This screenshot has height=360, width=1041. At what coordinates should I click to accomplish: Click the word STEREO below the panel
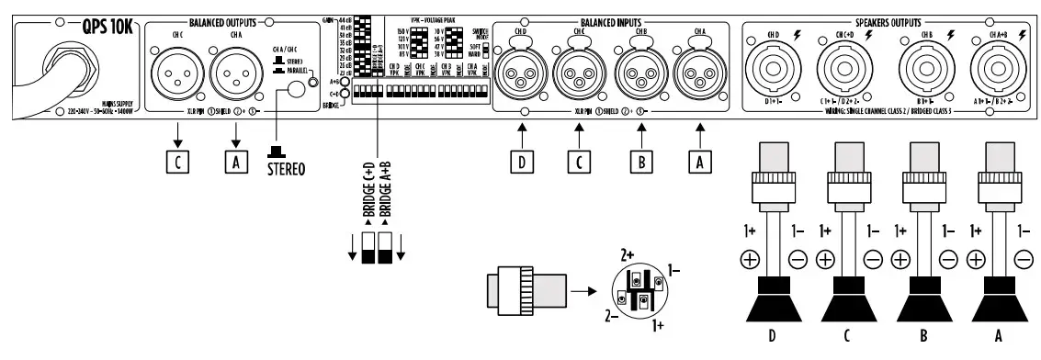(x=288, y=170)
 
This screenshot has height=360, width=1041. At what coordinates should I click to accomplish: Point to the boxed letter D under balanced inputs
(x=523, y=162)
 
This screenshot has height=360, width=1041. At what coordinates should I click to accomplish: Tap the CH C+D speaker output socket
(x=851, y=70)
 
